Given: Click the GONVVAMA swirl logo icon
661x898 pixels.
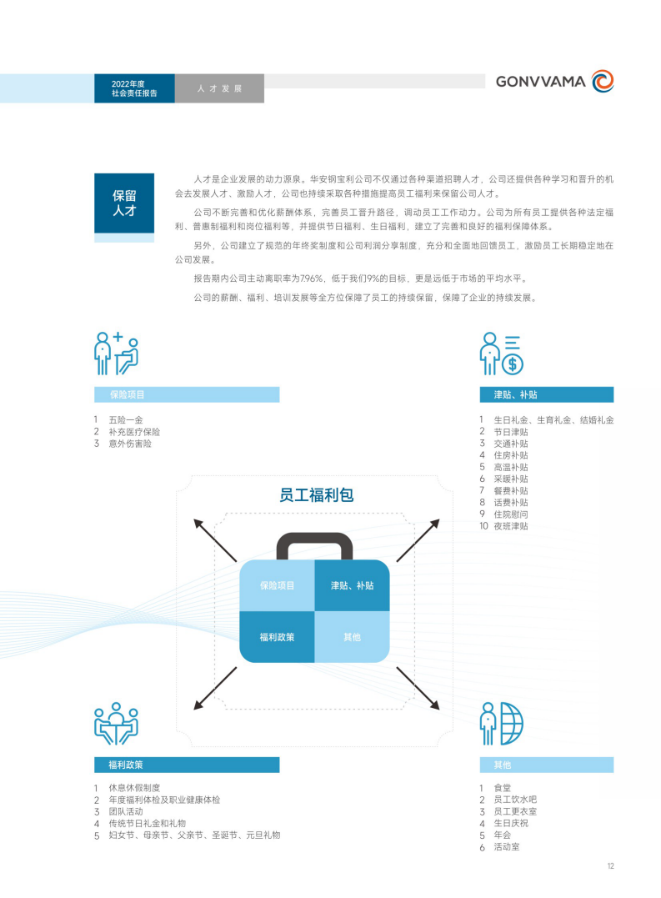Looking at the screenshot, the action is (603, 81).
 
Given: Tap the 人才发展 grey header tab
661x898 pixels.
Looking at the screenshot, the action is (219, 88).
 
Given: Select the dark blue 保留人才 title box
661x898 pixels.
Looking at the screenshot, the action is (124, 203).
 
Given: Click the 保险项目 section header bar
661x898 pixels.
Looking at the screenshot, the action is (187, 394).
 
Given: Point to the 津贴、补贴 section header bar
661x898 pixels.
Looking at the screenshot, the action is (547, 394).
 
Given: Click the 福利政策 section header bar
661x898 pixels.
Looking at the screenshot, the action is (187, 765).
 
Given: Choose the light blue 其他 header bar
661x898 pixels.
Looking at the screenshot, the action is (547, 765).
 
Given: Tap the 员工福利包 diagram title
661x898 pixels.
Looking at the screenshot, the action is (317, 494).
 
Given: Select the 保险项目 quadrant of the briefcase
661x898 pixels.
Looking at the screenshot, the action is (277, 585).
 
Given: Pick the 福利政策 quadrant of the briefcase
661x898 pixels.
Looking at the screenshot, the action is (277, 637).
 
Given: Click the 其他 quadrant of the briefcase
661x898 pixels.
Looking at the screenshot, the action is (352, 637).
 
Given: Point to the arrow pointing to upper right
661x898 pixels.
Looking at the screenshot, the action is (418, 540).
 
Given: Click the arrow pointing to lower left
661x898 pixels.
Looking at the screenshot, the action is (215, 688).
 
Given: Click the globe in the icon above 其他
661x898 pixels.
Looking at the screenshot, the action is (512, 724).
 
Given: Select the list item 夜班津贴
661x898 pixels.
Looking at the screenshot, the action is (511, 526).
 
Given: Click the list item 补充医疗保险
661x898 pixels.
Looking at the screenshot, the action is (134, 432).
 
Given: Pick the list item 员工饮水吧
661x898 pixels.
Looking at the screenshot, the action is (515, 800).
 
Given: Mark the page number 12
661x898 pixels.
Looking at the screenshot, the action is (611, 866).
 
